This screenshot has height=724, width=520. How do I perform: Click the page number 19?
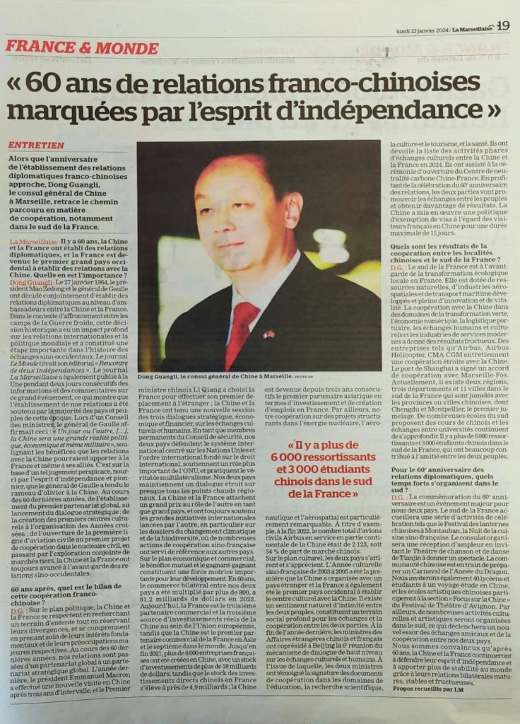click(x=502, y=25)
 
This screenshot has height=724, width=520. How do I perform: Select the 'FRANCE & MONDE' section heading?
click(x=82, y=48)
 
